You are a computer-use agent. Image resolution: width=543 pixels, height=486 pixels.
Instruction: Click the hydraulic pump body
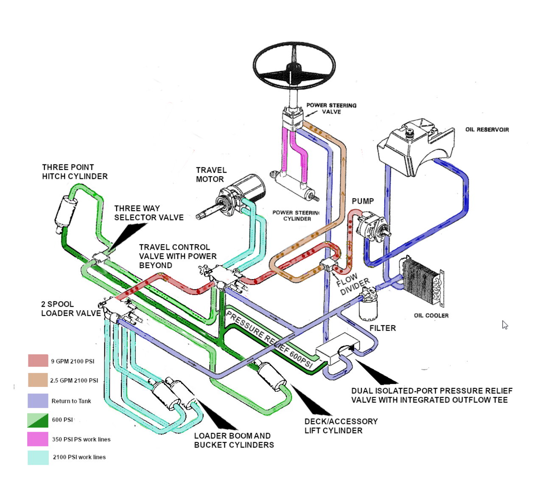[371, 227]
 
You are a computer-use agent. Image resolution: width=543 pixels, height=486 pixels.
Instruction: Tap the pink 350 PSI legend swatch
[38, 439]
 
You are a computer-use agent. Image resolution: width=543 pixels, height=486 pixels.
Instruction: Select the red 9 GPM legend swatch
[38, 361]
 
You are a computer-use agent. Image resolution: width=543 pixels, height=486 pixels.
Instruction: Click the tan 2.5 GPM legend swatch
[38, 380]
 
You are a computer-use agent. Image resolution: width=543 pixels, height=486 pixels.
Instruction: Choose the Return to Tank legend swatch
[38, 401]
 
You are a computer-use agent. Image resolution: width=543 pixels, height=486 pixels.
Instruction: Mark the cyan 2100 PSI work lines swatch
[38, 457]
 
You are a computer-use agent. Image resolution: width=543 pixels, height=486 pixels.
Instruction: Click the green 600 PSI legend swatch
[38, 420]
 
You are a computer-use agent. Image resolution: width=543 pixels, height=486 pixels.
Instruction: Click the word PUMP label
[363, 201]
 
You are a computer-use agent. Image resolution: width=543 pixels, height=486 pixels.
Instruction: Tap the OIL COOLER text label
[431, 316]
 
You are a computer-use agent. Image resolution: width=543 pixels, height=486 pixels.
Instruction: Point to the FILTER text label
[382, 328]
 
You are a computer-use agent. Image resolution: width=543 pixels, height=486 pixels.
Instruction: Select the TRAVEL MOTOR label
[211, 175]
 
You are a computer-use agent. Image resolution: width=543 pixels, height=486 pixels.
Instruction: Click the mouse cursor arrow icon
[505, 325]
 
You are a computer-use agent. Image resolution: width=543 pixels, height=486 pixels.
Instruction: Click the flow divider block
[327, 265]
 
